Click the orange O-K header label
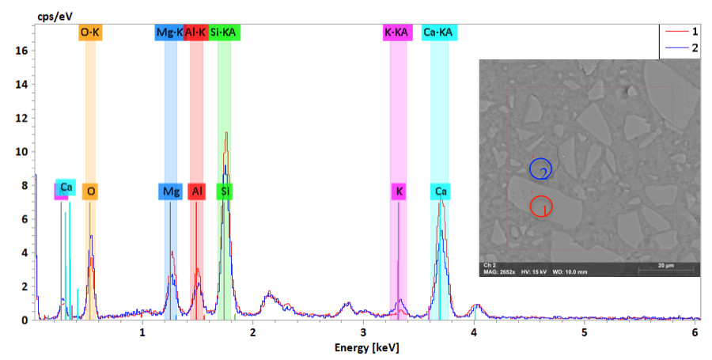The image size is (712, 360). tap(91, 32)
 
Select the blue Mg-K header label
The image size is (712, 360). tap(169, 32)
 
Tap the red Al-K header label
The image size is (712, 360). tap(195, 32)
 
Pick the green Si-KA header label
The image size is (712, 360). tap(225, 32)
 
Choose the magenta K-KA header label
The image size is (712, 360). tap(397, 32)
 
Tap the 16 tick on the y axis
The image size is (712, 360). tap(21, 51)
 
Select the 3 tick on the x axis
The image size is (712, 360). tap(363, 332)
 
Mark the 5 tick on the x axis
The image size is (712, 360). tap(584, 332)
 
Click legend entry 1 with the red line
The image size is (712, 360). tap(681, 32)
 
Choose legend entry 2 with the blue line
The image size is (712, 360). tap(681, 48)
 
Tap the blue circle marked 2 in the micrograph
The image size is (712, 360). tap(541, 169)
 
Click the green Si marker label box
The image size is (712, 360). tap(226, 191)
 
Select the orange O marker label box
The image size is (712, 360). tap(92, 191)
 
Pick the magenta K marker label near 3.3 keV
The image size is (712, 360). tap(400, 191)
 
